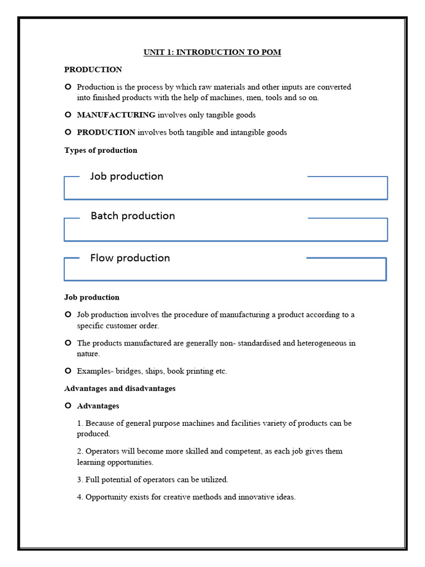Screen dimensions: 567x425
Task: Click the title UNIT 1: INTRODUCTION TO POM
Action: (212, 52)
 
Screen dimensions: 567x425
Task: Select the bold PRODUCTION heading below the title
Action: (93, 70)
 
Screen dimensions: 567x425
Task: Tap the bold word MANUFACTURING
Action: (116, 115)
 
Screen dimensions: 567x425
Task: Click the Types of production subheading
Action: (101, 150)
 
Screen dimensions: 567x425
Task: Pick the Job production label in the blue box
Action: (127, 176)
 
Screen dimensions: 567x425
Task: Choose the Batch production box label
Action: (133, 216)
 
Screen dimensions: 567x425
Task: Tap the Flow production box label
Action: (130, 258)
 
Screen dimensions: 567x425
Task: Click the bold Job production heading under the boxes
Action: (92, 297)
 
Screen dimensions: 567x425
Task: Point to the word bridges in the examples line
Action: (127, 371)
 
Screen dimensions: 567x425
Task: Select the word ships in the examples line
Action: (154, 371)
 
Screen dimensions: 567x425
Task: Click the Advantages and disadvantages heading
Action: (120, 389)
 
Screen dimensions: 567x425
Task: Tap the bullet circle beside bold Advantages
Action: (68, 406)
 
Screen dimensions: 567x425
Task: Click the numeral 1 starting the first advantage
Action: (80, 424)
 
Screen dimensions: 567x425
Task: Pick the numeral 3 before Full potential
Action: (80, 480)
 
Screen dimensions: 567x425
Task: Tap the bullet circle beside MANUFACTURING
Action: (68, 115)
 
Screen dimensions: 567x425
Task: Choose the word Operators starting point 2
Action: (102, 451)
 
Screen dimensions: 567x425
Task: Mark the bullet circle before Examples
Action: (68, 371)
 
